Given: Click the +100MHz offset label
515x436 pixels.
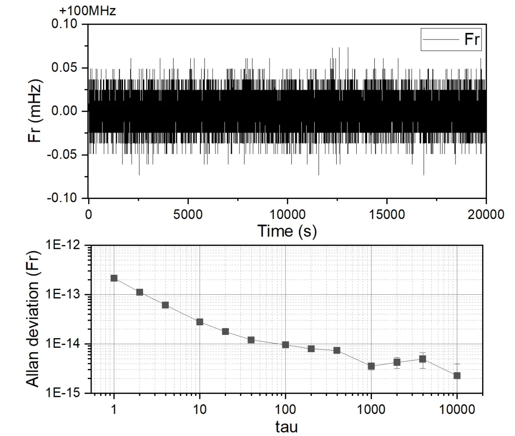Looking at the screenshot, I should click(x=88, y=10).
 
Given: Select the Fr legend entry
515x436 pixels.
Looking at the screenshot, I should click(x=451, y=40).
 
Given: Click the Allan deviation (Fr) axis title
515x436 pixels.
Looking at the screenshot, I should click(x=32, y=318).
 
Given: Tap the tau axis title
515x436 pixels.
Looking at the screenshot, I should click(x=286, y=426).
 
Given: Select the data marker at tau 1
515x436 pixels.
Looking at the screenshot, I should click(x=114, y=278).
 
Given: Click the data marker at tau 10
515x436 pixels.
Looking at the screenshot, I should click(x=200, y=322).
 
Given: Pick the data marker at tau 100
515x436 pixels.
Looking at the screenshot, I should click(x=286, y=344).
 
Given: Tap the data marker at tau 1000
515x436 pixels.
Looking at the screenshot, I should click(x=371, y=366).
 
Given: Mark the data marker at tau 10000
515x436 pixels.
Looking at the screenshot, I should click(x=457, y=375).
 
